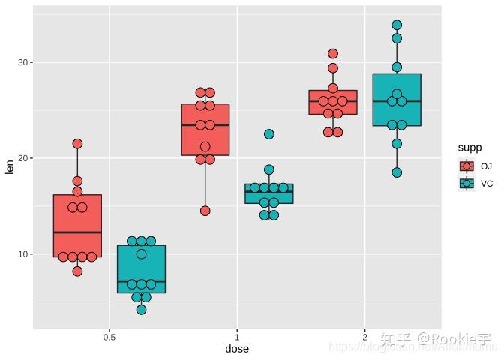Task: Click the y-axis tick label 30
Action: click(22, 62)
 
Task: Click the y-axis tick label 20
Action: click(22, 158)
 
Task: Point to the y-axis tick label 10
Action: click(22, 254)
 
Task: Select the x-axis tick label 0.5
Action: click(109, 336)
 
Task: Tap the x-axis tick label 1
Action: click(237, 336)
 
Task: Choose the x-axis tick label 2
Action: click(364, 336)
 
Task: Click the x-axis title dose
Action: click(237, 349)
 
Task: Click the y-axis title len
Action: click(10, 167)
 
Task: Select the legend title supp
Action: click(469, 148)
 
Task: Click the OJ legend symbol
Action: click(466, 166)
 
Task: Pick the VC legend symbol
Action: click(466, 184)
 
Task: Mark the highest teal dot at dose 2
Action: click(397, 25)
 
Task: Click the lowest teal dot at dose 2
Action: click(397, 172)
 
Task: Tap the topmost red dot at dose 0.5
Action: click(77, 144)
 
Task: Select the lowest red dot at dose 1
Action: click(205, 211)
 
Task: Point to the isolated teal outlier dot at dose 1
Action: click(269, 134)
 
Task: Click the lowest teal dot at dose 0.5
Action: click(141, 310)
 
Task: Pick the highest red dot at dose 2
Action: click(333, 54)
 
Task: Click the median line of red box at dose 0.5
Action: click(77, 232)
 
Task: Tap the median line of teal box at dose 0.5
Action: click(141, 281)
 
